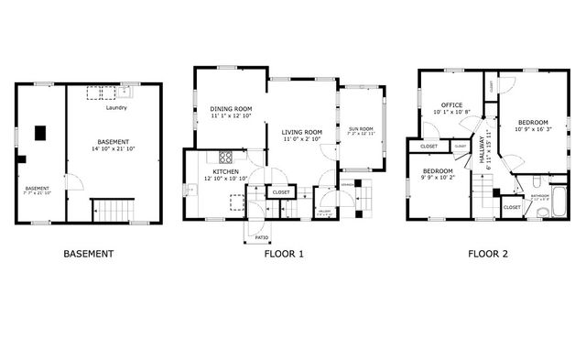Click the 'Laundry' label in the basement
coord(116,108)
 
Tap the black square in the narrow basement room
coord(40,133)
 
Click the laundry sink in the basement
coord(125,92)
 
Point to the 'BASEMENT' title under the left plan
coord(88,254)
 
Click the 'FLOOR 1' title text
coord(284,254)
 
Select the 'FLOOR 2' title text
coord(487,254)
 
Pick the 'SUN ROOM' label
coord(362,129)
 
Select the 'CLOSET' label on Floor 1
coord(281,192)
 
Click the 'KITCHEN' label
coord(226,172)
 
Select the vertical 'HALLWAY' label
coord(480,151)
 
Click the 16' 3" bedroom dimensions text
coord(533,129)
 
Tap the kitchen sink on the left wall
coord(188,191)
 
